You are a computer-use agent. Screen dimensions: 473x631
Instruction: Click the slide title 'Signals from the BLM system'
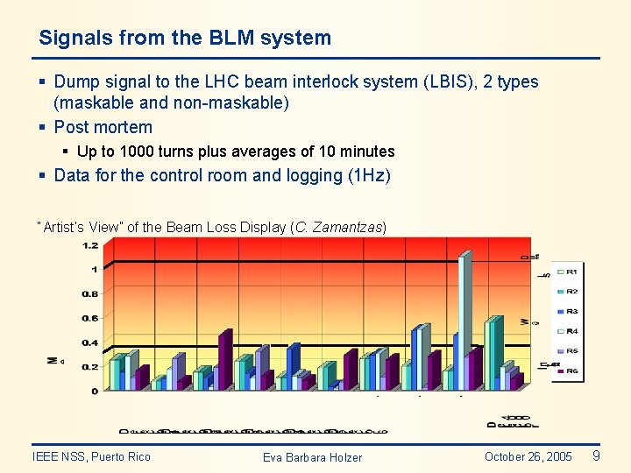point(185,39)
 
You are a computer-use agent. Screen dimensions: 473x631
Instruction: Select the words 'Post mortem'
point(103,127)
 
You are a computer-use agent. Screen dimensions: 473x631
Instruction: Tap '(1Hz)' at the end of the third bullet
point(369,175)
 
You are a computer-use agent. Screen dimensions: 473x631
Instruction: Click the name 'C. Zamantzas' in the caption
point(338,228)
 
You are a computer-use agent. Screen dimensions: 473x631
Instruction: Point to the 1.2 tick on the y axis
point(90,245)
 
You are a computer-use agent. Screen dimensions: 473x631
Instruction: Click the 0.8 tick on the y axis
point(90,293)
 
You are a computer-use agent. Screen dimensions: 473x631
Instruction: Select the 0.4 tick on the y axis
point(90,342)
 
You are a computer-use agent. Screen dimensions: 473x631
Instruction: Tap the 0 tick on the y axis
point(95,391)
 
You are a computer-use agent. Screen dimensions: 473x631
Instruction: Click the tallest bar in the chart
point(464,320)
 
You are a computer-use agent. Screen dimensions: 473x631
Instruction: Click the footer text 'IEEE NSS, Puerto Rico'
point(91,456)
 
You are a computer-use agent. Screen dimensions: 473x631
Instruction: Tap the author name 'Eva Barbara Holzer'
point(312,457)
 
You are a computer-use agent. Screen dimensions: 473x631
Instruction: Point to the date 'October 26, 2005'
point(528,456)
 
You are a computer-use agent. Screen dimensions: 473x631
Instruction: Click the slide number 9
point(596,455)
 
